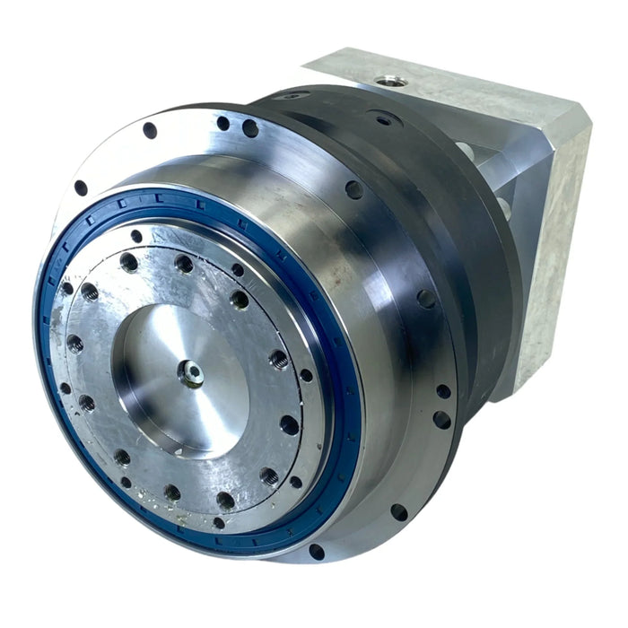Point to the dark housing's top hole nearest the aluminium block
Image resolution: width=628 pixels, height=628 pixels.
[384, 118]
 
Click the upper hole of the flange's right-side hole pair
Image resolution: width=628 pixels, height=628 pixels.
[443, 391]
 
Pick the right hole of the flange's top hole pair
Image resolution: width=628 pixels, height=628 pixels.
[250, 128]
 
